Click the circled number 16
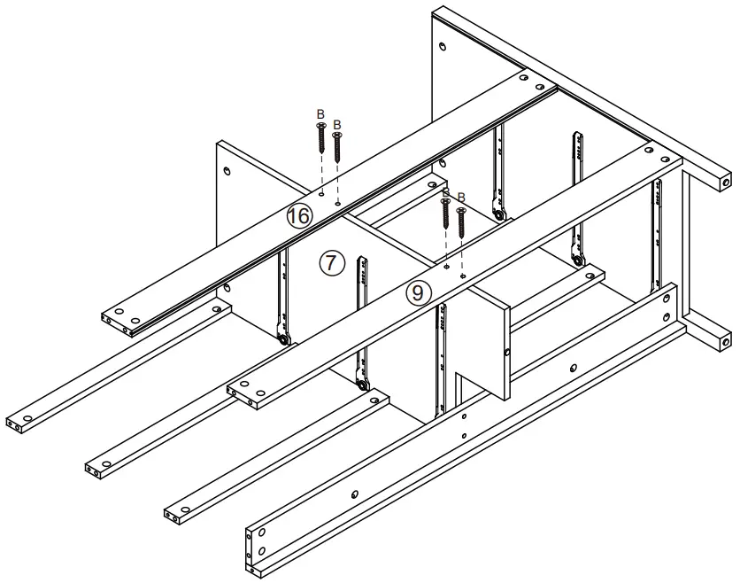[x=299, y=215]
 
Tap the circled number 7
[x=330, y=262]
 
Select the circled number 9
[x=419, y=292]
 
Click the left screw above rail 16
[x=321, y=138]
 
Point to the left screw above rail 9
[x=445, y=214]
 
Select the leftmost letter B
[x=320, y=114]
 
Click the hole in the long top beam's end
[x=725, y=182]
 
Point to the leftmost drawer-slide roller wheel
[x=281, y=339]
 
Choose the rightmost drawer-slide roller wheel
[x=578, y=261]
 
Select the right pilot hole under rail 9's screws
[x=463, y=274]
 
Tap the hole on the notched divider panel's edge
[x=507, y=354]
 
